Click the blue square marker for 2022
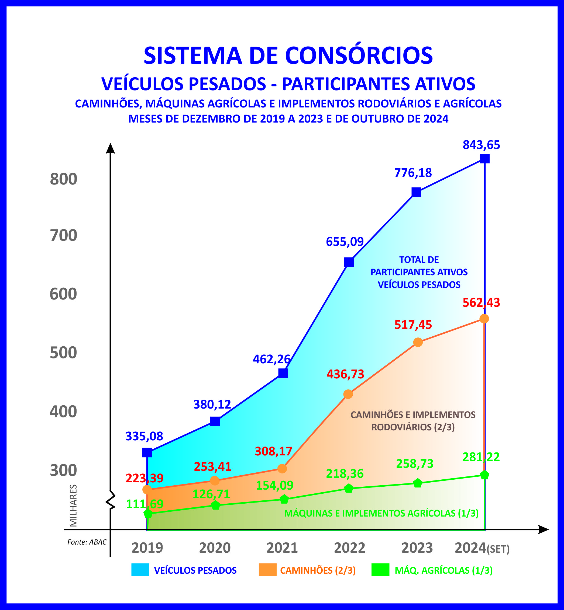coord(349,262)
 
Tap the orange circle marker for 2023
coord(418,342)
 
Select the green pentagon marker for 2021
coord(284,499)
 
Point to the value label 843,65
coord(481,145)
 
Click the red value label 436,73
coord(345,374)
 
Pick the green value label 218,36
coord(345,474)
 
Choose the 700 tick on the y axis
coord(63,235)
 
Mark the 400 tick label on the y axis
coord(63,412)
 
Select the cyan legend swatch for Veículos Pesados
coord(140,570)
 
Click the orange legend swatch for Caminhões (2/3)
coord(267,570)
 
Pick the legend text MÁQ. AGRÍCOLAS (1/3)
coord(444,570)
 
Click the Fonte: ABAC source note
coord(87,542)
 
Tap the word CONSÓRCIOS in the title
coord(359,55)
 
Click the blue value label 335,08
coord(144,436)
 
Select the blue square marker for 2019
coord(147,453)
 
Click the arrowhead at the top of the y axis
coord(110,148)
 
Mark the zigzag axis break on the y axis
coord(111,501)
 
